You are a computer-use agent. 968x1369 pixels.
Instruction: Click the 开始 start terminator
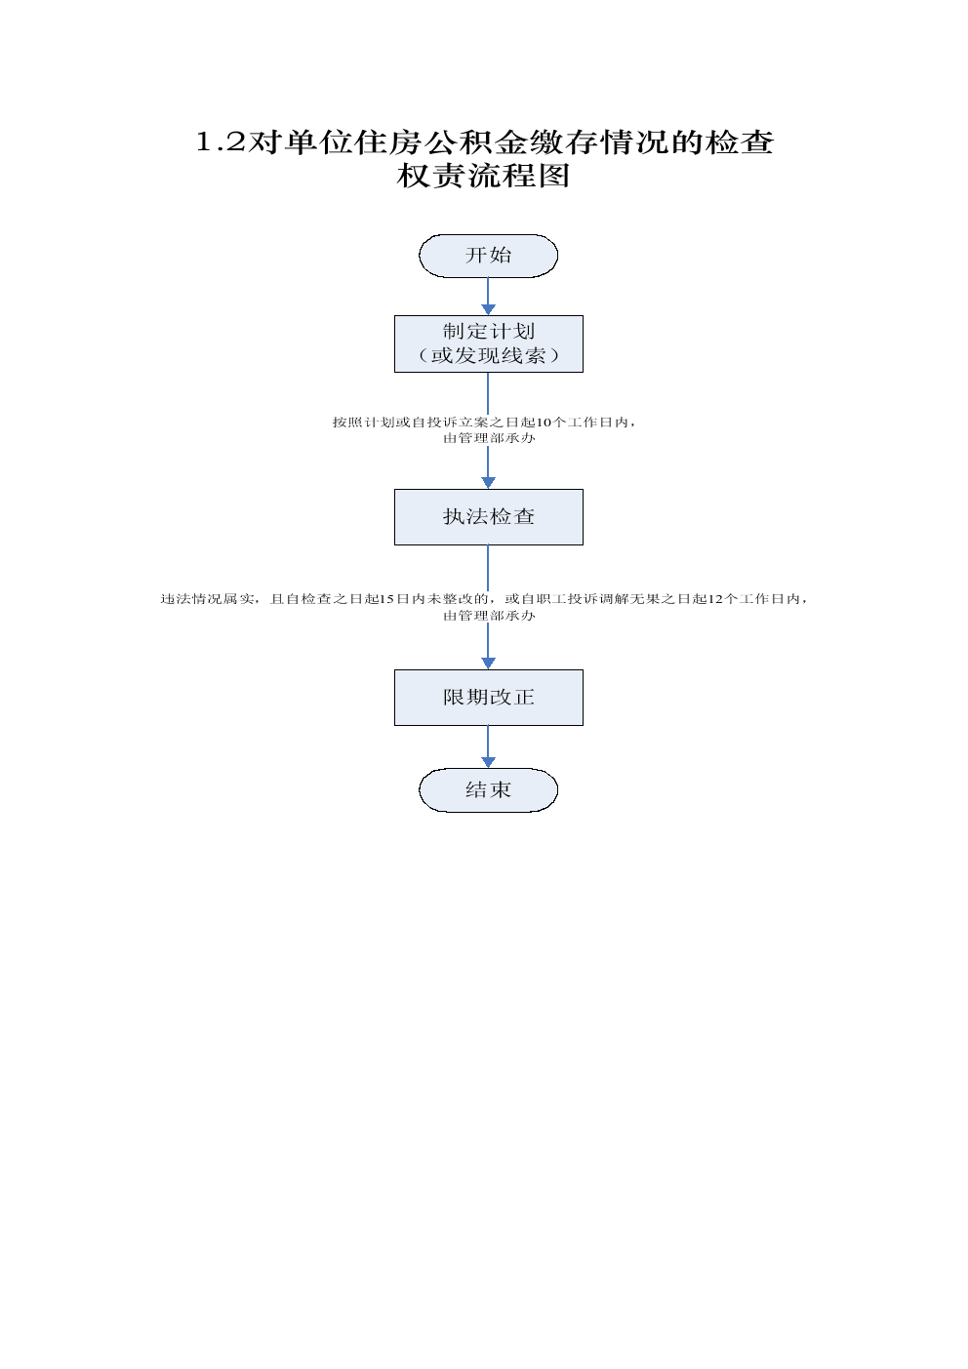pos(488,256)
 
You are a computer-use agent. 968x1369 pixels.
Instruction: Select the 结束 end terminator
pos(488,789)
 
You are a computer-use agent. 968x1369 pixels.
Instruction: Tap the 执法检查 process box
pos(488,516)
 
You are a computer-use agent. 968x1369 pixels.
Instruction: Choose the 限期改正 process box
pos(488,698)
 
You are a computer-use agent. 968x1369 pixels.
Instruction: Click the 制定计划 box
pos(488,343)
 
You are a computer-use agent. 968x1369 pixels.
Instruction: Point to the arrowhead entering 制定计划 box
pos(488,309)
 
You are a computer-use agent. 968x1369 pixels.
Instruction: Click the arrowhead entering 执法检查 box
pos(488,483)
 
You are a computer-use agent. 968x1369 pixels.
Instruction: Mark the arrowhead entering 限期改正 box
pos(488,664)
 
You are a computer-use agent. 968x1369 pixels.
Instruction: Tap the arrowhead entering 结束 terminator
pos(488,762)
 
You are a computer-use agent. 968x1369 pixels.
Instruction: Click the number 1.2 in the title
pos(220,142)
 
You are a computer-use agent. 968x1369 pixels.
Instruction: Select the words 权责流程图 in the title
pos(483,176)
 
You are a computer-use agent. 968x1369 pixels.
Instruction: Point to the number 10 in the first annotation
pos(544,423)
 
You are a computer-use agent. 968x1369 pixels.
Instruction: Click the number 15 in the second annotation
pos(386,599)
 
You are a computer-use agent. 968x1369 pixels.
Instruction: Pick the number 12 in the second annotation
pos(715,599)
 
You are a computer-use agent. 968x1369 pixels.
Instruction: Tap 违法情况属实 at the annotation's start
pos(208,599)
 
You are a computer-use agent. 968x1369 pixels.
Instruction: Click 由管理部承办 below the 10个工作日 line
pos(489,438)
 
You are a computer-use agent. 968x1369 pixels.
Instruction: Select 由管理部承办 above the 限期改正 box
pos(489,616)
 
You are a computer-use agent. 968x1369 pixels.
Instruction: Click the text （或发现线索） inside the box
pos(489,356)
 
